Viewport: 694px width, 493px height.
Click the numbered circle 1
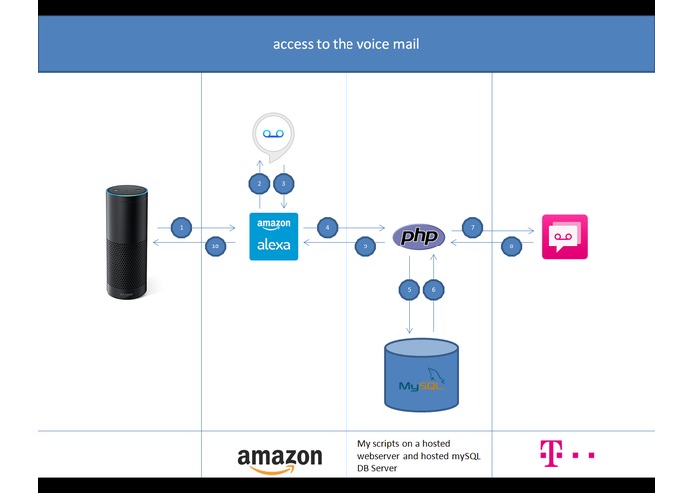click(181, 228)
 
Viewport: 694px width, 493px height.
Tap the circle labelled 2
click(259, 183)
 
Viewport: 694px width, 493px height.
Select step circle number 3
click(284, 183)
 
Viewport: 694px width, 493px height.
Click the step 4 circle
click(328, 228)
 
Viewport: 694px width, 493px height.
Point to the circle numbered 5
click(409, 290)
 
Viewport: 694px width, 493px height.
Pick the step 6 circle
click(433, 290)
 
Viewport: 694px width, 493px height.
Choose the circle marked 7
click(472, 228)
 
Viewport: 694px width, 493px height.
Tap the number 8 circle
click(511, 246)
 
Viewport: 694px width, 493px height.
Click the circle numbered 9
click(365, 246)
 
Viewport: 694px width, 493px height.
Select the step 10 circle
click(215, 246)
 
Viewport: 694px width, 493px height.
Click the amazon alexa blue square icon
click(273, 237)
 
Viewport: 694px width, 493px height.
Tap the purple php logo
click(419, 237)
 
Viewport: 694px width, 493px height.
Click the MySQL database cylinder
click(421, 375)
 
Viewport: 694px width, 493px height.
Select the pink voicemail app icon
click(565, 237)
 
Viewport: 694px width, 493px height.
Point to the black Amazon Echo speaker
click(127, 242)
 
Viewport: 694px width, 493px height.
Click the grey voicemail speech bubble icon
click(273, 137)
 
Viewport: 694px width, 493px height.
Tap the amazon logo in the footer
click(280, 460)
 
